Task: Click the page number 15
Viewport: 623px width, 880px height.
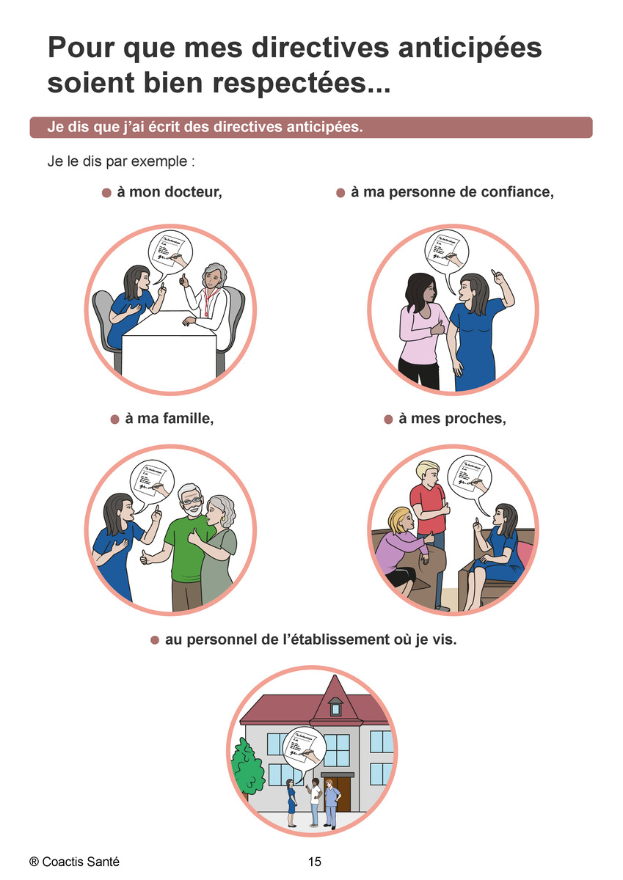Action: pos(315,862)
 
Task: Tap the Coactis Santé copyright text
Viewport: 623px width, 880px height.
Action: pos(74,862)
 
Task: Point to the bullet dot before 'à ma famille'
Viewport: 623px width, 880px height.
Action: pos(114,419)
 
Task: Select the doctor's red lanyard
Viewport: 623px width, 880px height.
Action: pos(208,301)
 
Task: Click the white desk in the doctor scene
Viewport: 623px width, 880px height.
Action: pos(169,345)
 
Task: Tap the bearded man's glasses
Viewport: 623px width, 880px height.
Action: pos(192,502)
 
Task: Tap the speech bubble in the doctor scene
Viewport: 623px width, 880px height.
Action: pos(170,252)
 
